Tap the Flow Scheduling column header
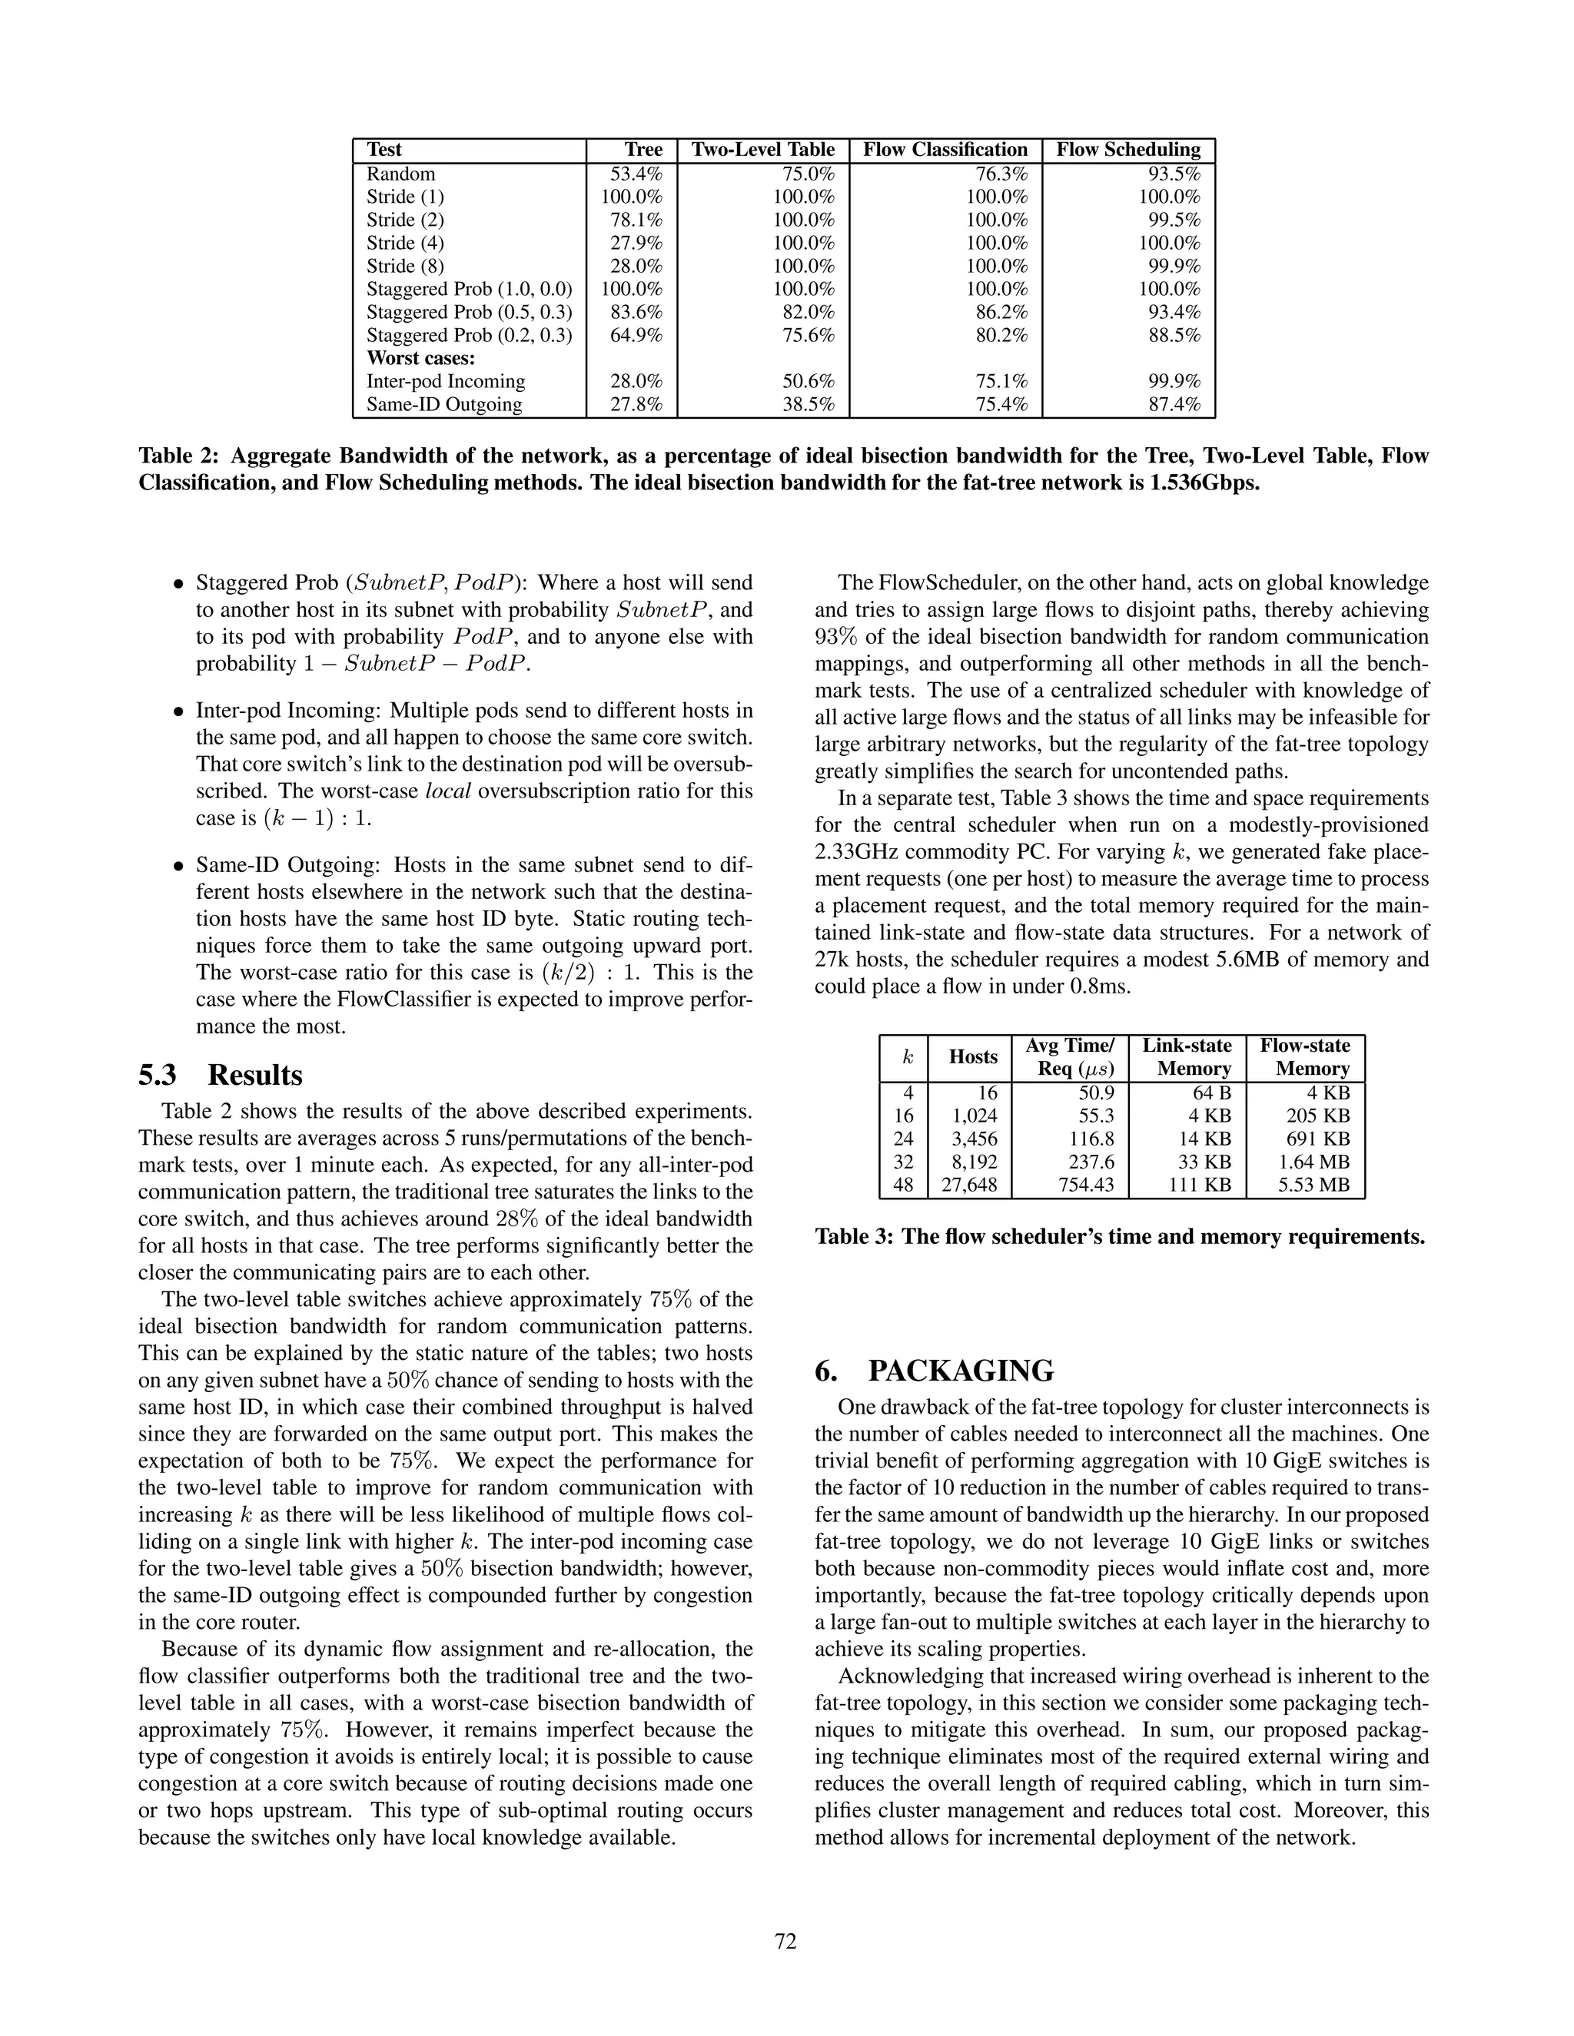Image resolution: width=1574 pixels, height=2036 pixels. [1128, 150]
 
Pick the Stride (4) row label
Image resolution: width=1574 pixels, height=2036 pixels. [406, 244]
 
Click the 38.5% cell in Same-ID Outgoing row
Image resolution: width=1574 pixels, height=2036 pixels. [809, 405]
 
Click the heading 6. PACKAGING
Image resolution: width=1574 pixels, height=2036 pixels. [935, 1371]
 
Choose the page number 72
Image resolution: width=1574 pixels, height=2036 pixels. [785, 1941]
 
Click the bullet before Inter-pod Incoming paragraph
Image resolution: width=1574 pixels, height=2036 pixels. [178, 712]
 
